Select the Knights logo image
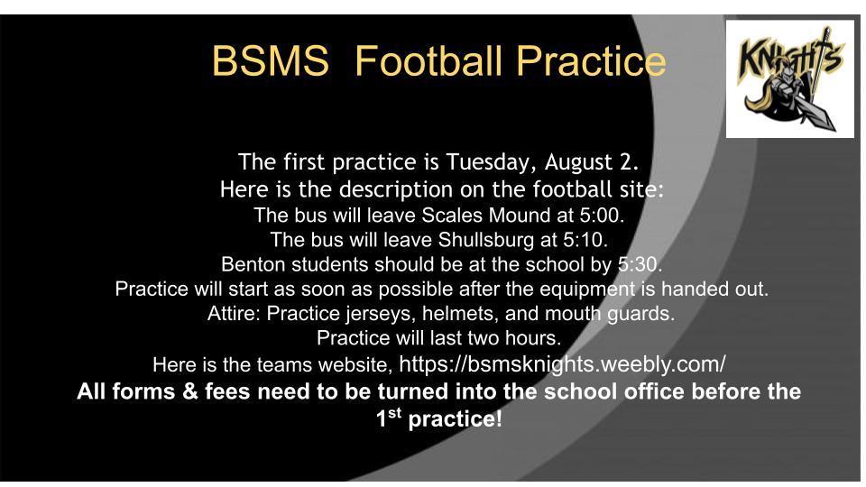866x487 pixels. [x=789, y=79]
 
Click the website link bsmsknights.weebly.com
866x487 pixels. [x=562, y=364]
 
